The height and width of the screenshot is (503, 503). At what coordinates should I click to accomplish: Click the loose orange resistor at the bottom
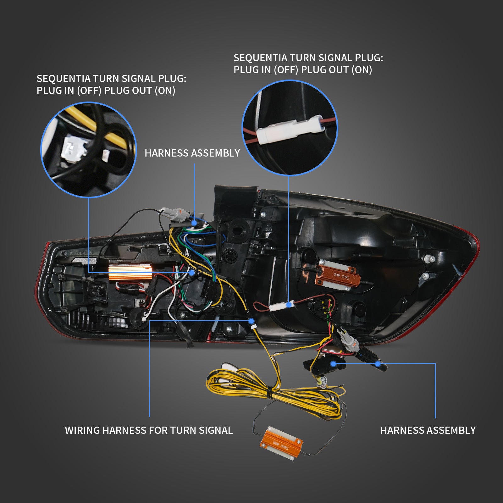click(x=281, y=443)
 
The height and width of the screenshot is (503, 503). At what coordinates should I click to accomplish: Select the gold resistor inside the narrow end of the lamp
click(x=130, y=272)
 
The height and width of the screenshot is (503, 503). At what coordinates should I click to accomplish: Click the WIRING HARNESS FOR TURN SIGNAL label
click(x=149, y=430)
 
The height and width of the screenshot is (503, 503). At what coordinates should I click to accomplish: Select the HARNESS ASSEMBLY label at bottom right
click(x=428, y=430)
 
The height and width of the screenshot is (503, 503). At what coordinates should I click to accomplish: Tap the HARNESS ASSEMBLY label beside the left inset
click(x=192, y=153)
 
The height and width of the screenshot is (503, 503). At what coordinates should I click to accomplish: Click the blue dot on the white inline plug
click(x=289, y=304)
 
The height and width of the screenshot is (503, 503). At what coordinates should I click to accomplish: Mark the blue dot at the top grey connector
click(x=194, y=223)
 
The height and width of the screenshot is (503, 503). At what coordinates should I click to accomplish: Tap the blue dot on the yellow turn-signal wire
click(x=251, y=321)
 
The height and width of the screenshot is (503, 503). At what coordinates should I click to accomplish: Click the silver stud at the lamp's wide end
click(x=431, y=259)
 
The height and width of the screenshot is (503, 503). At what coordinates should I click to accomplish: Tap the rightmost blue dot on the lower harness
click(x=378, y=364)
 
